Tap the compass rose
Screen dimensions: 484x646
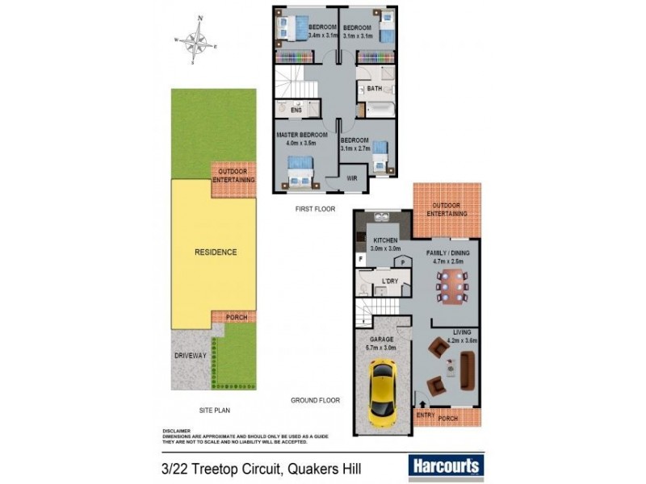point(195,40)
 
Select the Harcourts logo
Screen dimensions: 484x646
point(447,465)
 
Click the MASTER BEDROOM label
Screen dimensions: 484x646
point(302,135)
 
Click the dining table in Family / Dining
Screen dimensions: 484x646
point(451,283)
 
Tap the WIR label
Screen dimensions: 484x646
point(352,177)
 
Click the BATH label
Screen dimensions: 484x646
point(375,89)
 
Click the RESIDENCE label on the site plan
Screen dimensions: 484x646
point(216,252)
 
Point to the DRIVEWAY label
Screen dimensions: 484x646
point(191,355)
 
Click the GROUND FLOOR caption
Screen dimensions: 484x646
point(315,400)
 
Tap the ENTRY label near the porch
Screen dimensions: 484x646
point(426,415)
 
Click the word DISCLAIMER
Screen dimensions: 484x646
point(176,431)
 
